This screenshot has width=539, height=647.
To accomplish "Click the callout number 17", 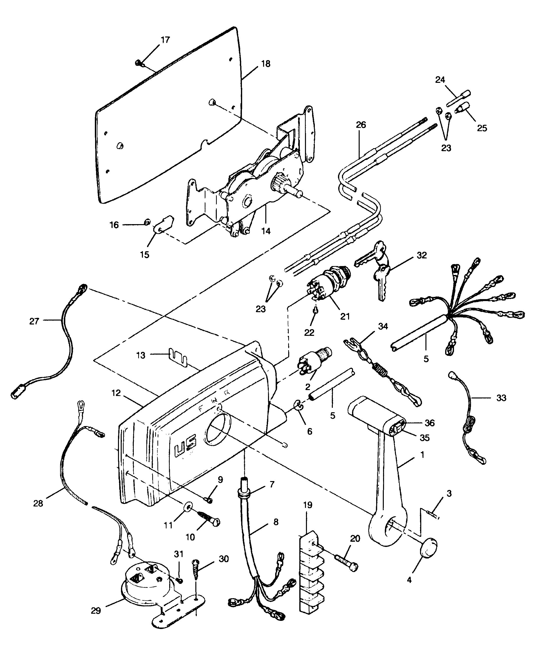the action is tap(165, 40).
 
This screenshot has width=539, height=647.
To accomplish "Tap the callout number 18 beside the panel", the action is tap(265, 64).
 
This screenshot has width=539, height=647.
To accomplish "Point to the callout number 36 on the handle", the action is tap(429, 423).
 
